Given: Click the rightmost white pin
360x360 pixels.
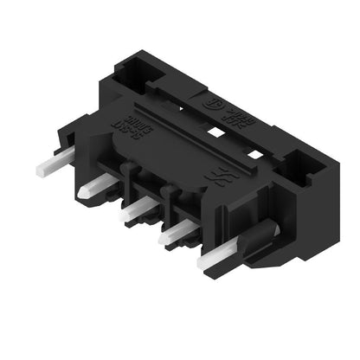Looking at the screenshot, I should click(214, 258).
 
